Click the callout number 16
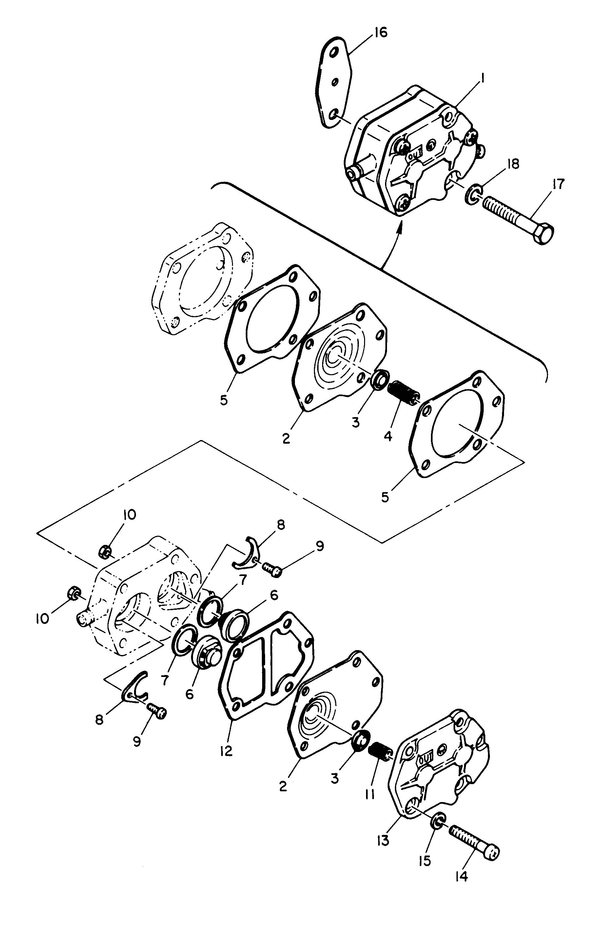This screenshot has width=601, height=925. point(381,33)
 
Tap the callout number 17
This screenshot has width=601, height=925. point(557,184)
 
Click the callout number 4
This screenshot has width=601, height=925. point(388,436)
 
